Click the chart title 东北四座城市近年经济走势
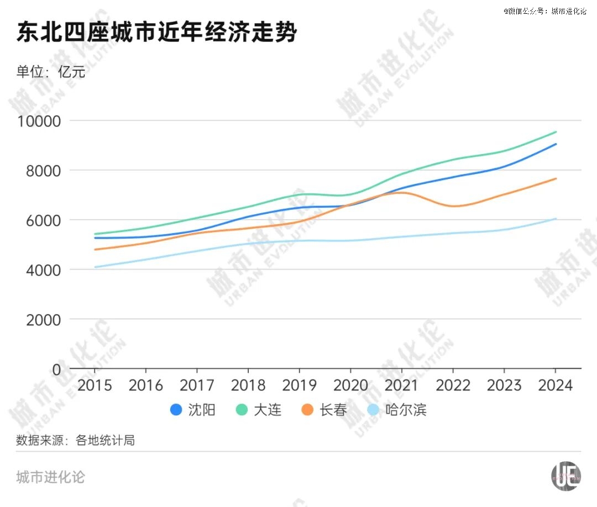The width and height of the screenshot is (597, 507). (x=157, y=33)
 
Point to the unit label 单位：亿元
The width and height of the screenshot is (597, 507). (x=51, y=72)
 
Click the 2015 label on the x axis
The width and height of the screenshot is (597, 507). (x=95, y=385)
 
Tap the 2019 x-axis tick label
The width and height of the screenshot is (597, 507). (x=299, y=385)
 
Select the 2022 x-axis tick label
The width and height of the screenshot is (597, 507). (x=453, y=385)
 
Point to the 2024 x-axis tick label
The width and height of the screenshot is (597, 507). (x=555, y=385)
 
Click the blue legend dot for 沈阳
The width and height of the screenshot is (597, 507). (x=176, y=410)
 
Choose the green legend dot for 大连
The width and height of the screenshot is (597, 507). (x=242, y=410)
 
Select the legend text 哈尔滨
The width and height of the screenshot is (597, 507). (x=406, y=410)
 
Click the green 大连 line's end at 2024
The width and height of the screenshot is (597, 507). (x=556, y=132)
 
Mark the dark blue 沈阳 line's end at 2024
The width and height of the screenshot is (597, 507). (x=556, y=144)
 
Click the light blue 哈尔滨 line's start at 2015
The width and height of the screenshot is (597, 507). (x=95, y=267)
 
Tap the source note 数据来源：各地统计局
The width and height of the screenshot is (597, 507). (x=76, y=440)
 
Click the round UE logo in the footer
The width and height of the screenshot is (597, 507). (x=566, y=475)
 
